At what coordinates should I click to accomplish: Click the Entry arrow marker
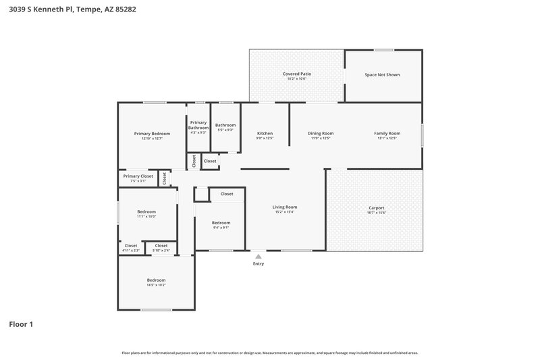click(258, 256)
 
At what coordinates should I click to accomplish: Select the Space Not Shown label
click(382, 74)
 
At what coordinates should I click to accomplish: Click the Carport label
click(376, 207)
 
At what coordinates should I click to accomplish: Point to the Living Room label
click(284, 207)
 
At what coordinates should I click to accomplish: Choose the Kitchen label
click(265, 133)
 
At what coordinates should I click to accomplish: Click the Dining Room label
click(321, 133)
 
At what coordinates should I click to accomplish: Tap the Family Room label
click(387, 133)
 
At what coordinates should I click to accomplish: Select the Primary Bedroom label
click(152, 134)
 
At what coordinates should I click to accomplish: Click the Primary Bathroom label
click(198, 125)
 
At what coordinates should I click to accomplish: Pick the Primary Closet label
click(138, 176)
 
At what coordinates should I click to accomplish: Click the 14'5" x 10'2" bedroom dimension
click(156, 285)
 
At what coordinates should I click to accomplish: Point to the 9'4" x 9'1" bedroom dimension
click(221, 228)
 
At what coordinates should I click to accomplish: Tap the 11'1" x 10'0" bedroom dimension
click(146, 217)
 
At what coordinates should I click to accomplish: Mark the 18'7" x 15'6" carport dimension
click(376, 213)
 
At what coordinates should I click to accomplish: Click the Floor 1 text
click(21, 324)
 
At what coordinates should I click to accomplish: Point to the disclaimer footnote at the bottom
click(269, 353)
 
